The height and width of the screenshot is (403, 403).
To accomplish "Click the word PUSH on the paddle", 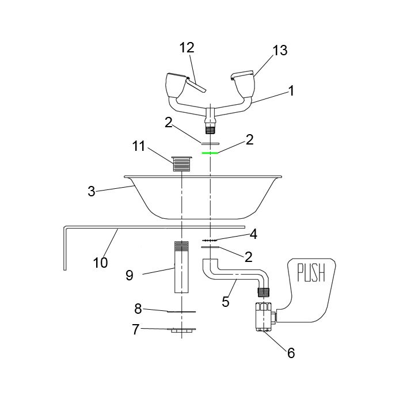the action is pyautogui.click(x=311, y=272).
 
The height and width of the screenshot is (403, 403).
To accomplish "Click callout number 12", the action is pyautogui.click(x=187, y=48).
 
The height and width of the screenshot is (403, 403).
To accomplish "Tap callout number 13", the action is pyautogui.click(x=280, y=50).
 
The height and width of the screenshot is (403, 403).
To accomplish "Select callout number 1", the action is pyautogui.click(x=291, y=91).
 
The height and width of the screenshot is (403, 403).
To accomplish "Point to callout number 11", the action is pyautogui.click(x=139, y=146).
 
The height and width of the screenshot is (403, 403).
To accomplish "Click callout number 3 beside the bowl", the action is pyautogui.click(x=92, y=191).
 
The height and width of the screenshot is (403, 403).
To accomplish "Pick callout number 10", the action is pyautogui.click(x=101, y=263).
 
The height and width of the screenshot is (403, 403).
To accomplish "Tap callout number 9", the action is pyautogui.click(x=130, y=275).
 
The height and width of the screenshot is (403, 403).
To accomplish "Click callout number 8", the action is pyautogui.click(x=138, y=309).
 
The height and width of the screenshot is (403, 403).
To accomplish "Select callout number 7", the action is pyautogui.click(x=136, y=329).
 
